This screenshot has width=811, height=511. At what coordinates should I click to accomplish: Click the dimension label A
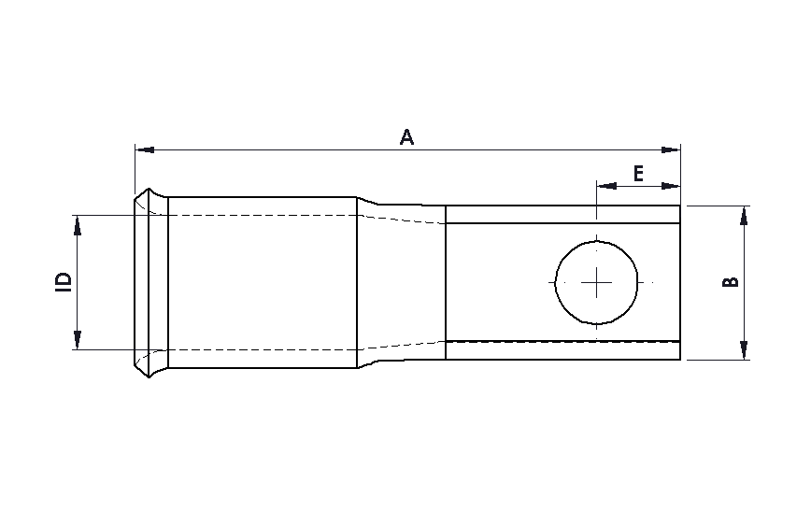(x=406, y=137)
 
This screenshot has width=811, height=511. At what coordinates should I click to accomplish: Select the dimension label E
(x=638, y=174)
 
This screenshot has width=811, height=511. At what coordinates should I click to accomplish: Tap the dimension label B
(x=732, y=281)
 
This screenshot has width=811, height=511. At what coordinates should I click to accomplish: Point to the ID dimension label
(x=64, y=282)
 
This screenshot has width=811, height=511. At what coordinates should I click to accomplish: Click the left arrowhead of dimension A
(x=144, y=149)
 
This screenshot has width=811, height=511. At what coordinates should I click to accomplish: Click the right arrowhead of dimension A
(x=672, y=149)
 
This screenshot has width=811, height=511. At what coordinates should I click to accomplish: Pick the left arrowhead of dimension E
(x=605, y=185)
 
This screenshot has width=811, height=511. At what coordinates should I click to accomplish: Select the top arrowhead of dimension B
(x=744, y=214)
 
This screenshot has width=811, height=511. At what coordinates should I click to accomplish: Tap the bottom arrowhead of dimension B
(x=744, y=350)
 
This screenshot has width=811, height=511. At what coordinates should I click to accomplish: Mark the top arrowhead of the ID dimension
(x=78, y=224)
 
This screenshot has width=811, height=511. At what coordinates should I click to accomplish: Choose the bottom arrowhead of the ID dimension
(x=78, y=340)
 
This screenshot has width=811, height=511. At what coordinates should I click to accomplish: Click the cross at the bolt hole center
(x=597, y=282)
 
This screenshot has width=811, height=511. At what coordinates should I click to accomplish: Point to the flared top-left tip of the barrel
(x=138, y=198)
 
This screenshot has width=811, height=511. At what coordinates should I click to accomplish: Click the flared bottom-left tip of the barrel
(x=138, y=367)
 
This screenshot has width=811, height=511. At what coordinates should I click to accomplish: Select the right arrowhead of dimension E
(x=672, y=185)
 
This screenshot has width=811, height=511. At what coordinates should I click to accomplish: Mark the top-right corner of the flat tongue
(x=680, y=206)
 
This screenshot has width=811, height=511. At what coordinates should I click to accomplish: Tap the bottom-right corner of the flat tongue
(x=680, y=360)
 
